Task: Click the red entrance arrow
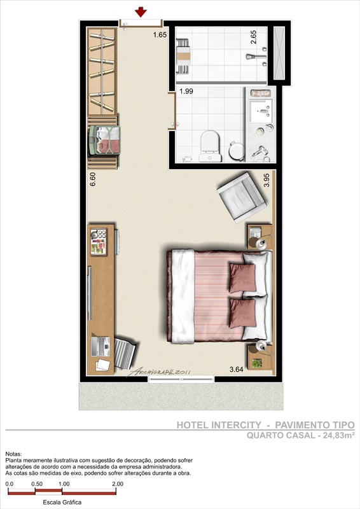point(141,12)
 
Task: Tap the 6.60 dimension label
point(93,179)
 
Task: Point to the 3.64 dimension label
point(237,369)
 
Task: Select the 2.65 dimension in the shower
point(254,37)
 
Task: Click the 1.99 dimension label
point(186,91)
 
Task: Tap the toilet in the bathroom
point(211,146)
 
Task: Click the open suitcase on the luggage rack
point(105,140)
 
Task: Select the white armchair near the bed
point(242,197)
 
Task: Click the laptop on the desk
point(101,347)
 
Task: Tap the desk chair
point(125,353)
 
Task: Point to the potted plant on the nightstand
point(257,363)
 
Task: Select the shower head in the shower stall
point(251,57)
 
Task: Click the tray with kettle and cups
point(99,242)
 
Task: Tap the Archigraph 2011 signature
point(159,372)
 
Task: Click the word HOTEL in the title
point(193,425)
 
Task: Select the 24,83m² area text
point(338,435)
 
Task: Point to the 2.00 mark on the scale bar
point(118,484)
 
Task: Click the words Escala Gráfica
point(62,502)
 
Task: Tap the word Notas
point(13,454)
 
